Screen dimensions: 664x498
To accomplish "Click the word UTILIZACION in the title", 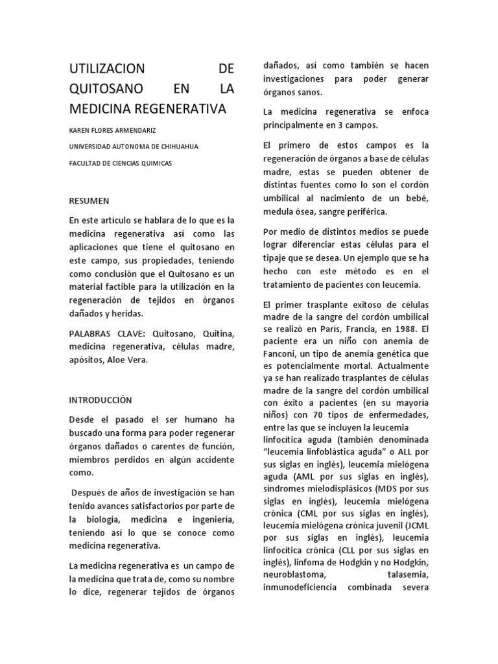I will pos(107,68).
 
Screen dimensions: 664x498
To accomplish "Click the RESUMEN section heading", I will pos(89,201).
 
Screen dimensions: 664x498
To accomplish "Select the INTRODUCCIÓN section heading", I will pos(101,400).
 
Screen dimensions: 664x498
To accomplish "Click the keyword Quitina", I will pos(217,333).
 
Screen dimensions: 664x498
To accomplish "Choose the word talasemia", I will pos(403,575).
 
